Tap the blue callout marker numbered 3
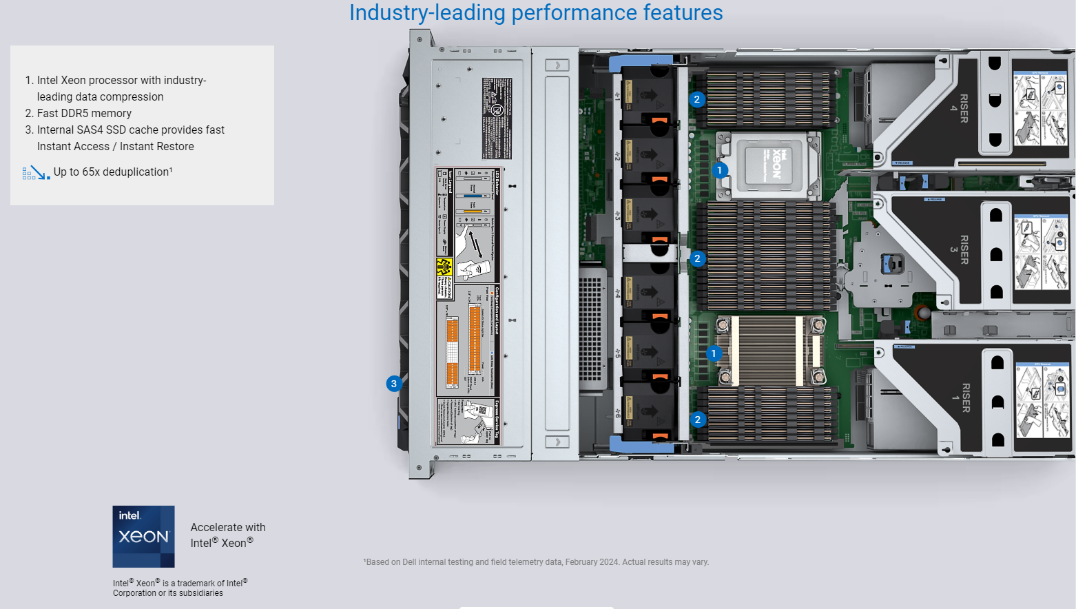point(393,384)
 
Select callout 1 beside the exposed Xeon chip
point(719,170)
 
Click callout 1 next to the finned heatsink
point(714,353)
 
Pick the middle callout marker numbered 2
point(697,259)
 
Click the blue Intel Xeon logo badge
point(143,536)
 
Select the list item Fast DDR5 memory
point(84,114)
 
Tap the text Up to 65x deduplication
point(113,172)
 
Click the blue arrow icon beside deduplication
point(36,173)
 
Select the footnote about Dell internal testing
point(536,562)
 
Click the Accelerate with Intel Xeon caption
point(227,535)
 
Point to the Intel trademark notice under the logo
point(180,588)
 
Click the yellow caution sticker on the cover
point(444,267)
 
